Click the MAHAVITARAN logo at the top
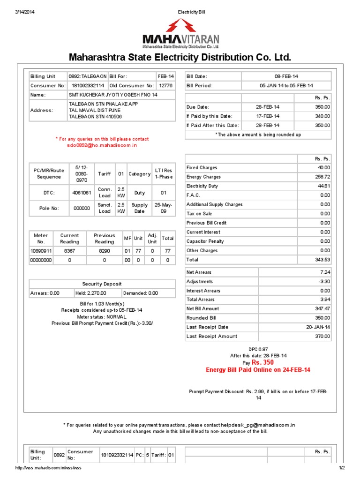pos(180,33)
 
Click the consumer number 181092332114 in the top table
pos(88,86)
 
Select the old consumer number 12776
pos(165,86)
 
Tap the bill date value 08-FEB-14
pos(286,76)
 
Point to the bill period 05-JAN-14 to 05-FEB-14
pos(286,86)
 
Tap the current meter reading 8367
pos(69,251)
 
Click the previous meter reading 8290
pos(104,251)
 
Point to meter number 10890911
pos(40,251)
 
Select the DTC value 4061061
pos(82,193)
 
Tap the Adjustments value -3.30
pos(323,282)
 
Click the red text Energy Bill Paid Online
pos(258,370)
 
